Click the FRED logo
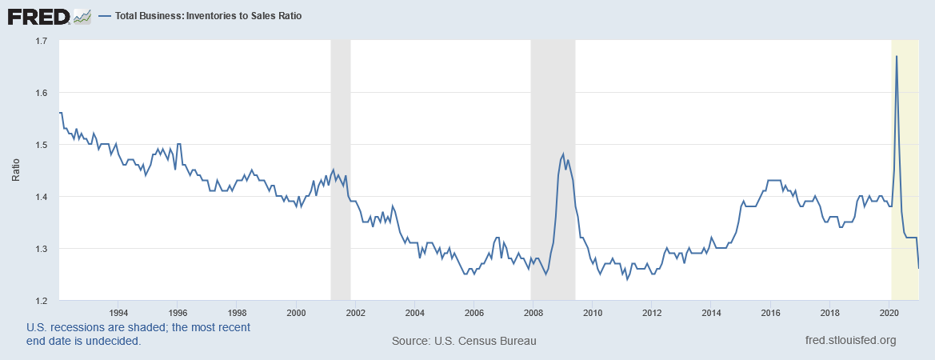click(x=38, y=15)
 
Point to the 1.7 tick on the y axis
click(x=42, y=41)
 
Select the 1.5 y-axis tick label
click(x=42, y=145)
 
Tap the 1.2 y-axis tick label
click(x=42, y=300)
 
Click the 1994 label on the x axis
click(x=118, y=312)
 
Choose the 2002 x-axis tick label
click(x=355, y=312)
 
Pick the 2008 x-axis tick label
click(x=533, y=312)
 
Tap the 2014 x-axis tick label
click(x=711, y=312)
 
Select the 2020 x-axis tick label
click(x=889, y=312)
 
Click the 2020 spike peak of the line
click(x=897, y=56)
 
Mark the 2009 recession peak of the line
click(x=563, y=154)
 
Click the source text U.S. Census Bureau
click(x=464, y=341)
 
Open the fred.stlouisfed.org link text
click(x=851, y=341)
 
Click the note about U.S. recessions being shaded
click(x=138, y=334)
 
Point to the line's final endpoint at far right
click(x=918, y=268)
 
